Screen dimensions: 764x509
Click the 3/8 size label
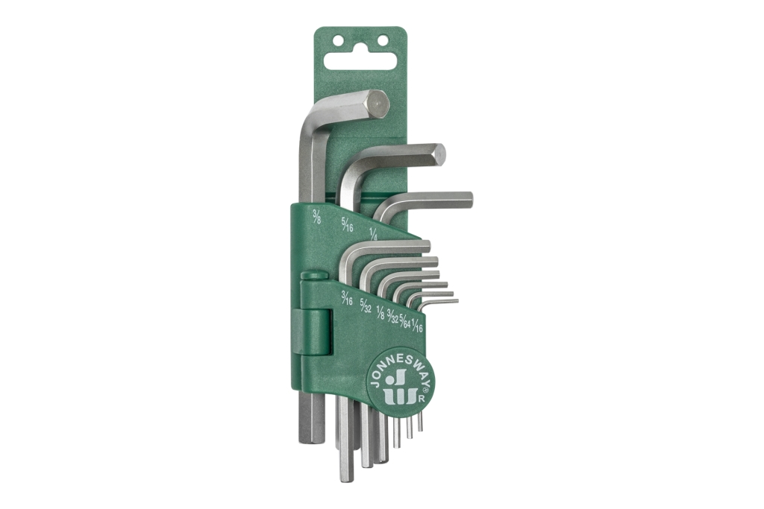point(316,216)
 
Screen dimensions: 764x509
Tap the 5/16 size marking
point(347,224)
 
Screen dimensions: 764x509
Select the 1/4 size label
point(374,233)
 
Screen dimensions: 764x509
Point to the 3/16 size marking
point(346,298)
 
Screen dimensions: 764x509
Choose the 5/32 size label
point(366,305)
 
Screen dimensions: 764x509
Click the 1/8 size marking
point(381,312)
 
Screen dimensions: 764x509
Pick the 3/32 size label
point(392,317)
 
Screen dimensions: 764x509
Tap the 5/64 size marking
point(404,320)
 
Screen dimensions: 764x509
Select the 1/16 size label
point(417,325)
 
